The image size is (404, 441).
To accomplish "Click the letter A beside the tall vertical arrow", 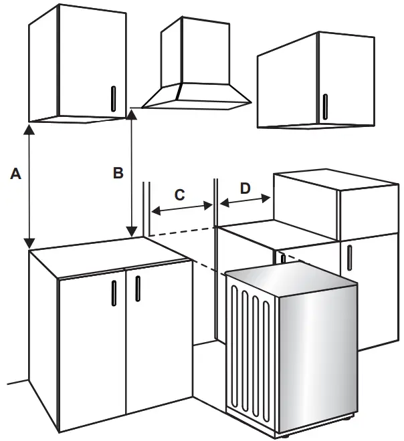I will [x=17, y=174].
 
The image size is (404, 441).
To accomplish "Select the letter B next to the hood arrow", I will [x=118, y=173].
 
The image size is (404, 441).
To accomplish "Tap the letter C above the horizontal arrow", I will [x=179, y=195].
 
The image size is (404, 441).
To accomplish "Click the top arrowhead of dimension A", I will [x=29, y=128].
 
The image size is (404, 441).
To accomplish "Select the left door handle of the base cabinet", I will [x=113, y=293].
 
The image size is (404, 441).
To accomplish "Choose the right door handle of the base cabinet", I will [x=137, y=287].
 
